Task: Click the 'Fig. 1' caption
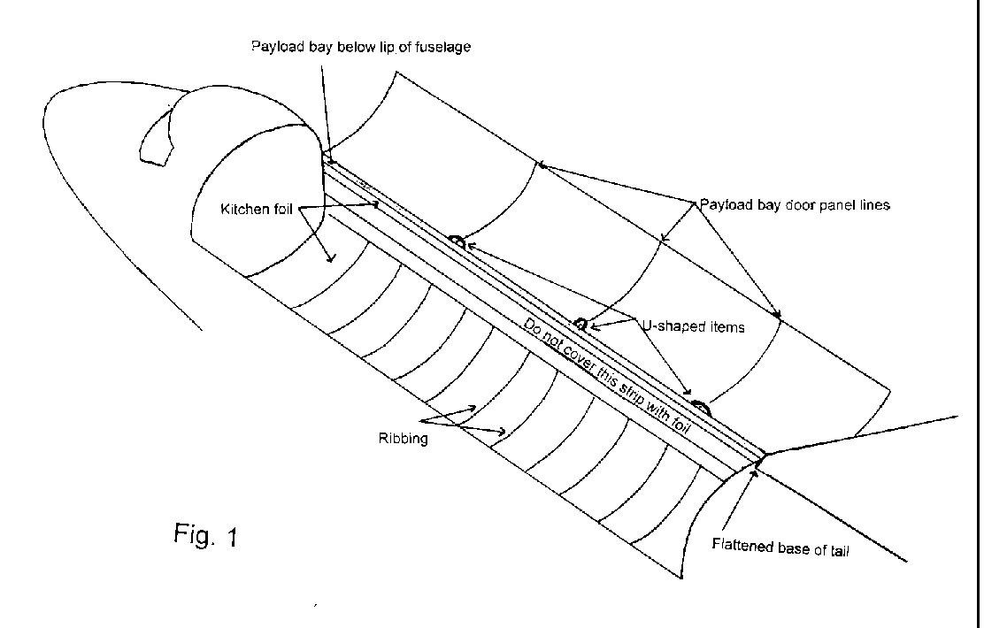coord(205,535)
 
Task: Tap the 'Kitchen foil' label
coord(256,210)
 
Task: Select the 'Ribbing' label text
coord(404,438)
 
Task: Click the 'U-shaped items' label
coord(692,326)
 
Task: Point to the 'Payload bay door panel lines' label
coord(795,204)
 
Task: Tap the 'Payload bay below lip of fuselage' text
coord(360,47)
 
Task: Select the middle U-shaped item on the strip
coord(580,323)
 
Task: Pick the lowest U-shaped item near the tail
coord(700,406)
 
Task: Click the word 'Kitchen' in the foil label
coord(242,210)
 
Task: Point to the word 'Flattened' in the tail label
coord(742,545)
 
